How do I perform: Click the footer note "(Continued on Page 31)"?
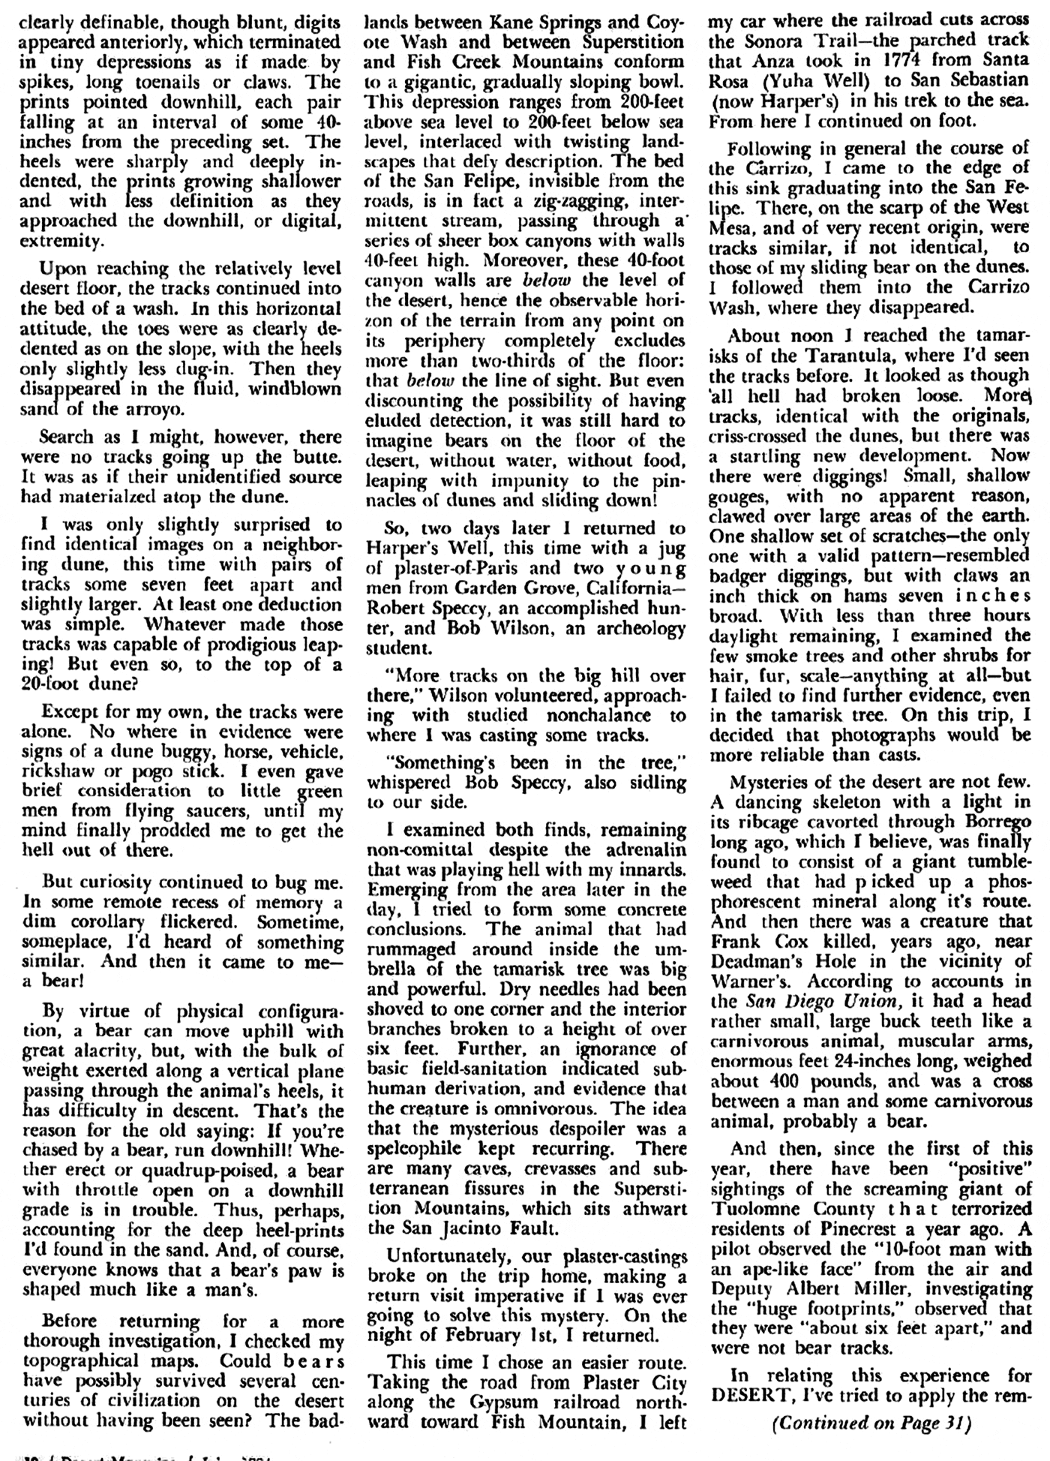click(x=871, y=1421)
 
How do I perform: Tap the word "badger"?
click(x=739, y=576)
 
